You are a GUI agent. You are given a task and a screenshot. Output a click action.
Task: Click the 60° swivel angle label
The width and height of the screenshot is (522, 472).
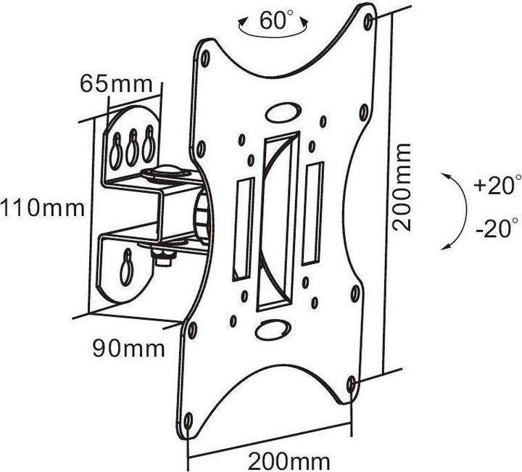pyautogui.click(x=273, y=21)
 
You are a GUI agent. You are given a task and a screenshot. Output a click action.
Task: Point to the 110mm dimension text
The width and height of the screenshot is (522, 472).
pyautogui.click(x=43, y=209)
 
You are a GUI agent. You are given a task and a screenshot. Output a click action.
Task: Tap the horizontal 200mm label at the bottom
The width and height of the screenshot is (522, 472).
pyautogui.click(x=289, y=460)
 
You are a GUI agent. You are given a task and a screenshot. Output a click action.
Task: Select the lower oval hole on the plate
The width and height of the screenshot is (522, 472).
pyautogui.click(x=270, y=328)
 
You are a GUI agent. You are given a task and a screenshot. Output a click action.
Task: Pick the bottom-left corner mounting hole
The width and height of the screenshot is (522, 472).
pyautogui.click(x=188, y=420)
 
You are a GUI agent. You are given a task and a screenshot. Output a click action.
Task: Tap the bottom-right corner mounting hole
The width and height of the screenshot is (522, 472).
pyautogui.click(x=352, y=382)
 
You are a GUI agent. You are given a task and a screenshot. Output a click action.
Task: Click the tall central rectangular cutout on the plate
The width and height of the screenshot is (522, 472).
pyautogui.click(x=278, y=222)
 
